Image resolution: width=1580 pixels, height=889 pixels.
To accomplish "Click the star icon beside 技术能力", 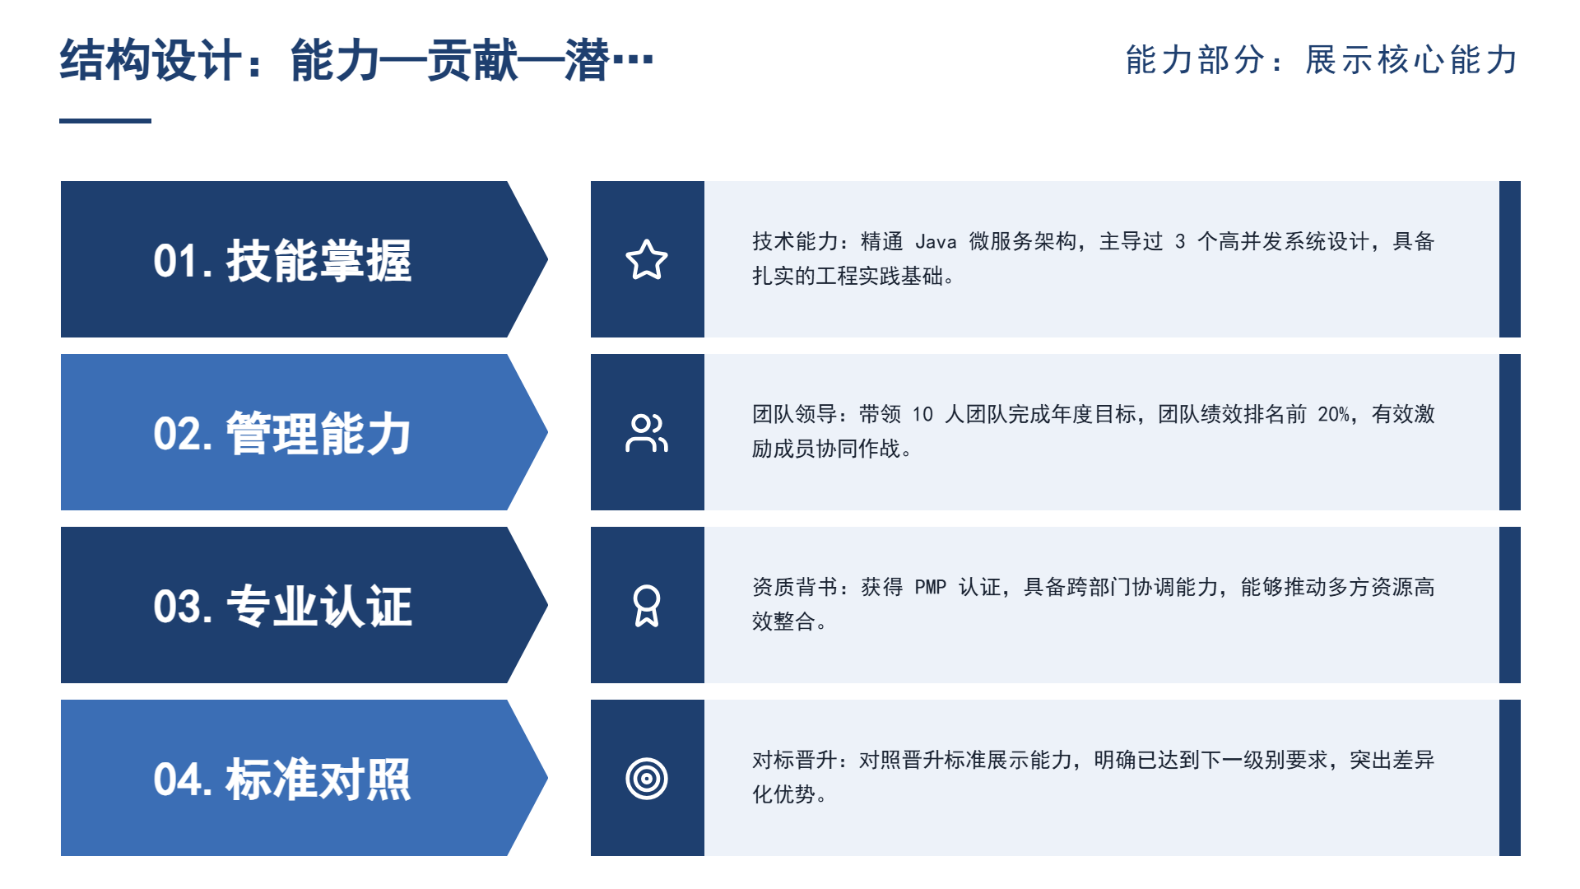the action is click(647, 259).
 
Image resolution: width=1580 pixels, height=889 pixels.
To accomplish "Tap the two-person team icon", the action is click(647, 433).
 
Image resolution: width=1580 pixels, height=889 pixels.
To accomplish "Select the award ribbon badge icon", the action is click(647, 606).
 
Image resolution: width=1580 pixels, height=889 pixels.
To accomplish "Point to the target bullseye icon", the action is click(647, 779).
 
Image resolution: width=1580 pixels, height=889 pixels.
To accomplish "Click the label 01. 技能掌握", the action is click(282, 261).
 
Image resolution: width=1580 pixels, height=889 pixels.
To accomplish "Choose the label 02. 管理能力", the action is click(282, 434).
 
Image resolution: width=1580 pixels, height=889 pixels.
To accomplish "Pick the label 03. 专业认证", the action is click(282, 607).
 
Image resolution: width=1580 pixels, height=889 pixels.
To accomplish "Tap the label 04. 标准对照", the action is click(282, 780).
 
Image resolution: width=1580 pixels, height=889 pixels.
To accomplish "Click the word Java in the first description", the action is click(936, 242).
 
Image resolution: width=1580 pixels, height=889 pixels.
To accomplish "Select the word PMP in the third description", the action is click(931, 588).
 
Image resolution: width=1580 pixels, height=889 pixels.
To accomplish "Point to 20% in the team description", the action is click(1334, 415).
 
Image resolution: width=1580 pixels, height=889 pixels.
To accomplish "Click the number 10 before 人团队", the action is click(922, 415).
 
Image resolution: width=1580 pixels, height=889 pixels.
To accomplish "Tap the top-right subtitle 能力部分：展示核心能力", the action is click(1322, 60).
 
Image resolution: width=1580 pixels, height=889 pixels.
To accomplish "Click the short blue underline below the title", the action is click(105, 121).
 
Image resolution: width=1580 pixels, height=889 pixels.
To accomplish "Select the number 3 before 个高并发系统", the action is click(1180, 242).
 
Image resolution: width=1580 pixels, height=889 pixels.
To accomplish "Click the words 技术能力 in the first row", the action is click(795, 242).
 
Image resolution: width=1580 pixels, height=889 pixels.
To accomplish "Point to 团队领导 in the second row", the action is click(795, 415).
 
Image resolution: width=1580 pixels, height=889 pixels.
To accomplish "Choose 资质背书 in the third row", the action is click(795, 588).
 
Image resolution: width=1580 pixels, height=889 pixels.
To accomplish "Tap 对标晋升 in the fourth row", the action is click(795, 761).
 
